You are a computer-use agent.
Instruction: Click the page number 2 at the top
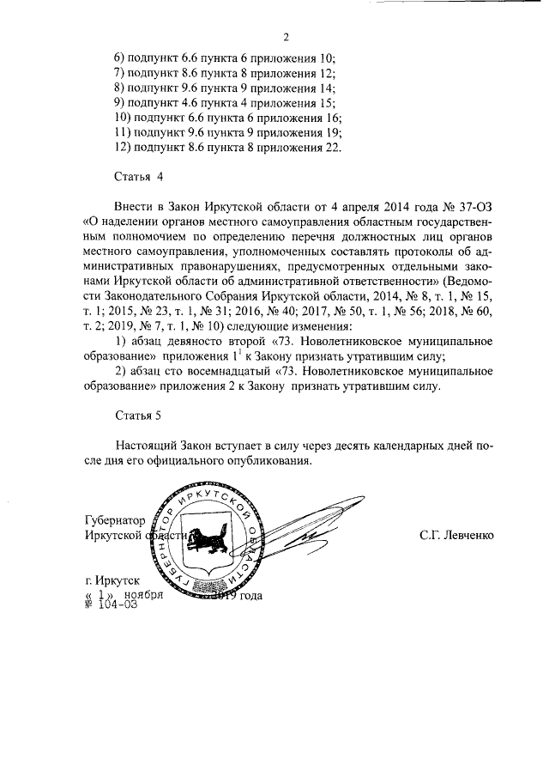286,36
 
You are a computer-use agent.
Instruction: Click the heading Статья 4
138,177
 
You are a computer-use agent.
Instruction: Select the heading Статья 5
138,416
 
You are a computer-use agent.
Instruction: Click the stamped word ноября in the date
142,594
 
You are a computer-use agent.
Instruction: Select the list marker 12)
124,147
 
